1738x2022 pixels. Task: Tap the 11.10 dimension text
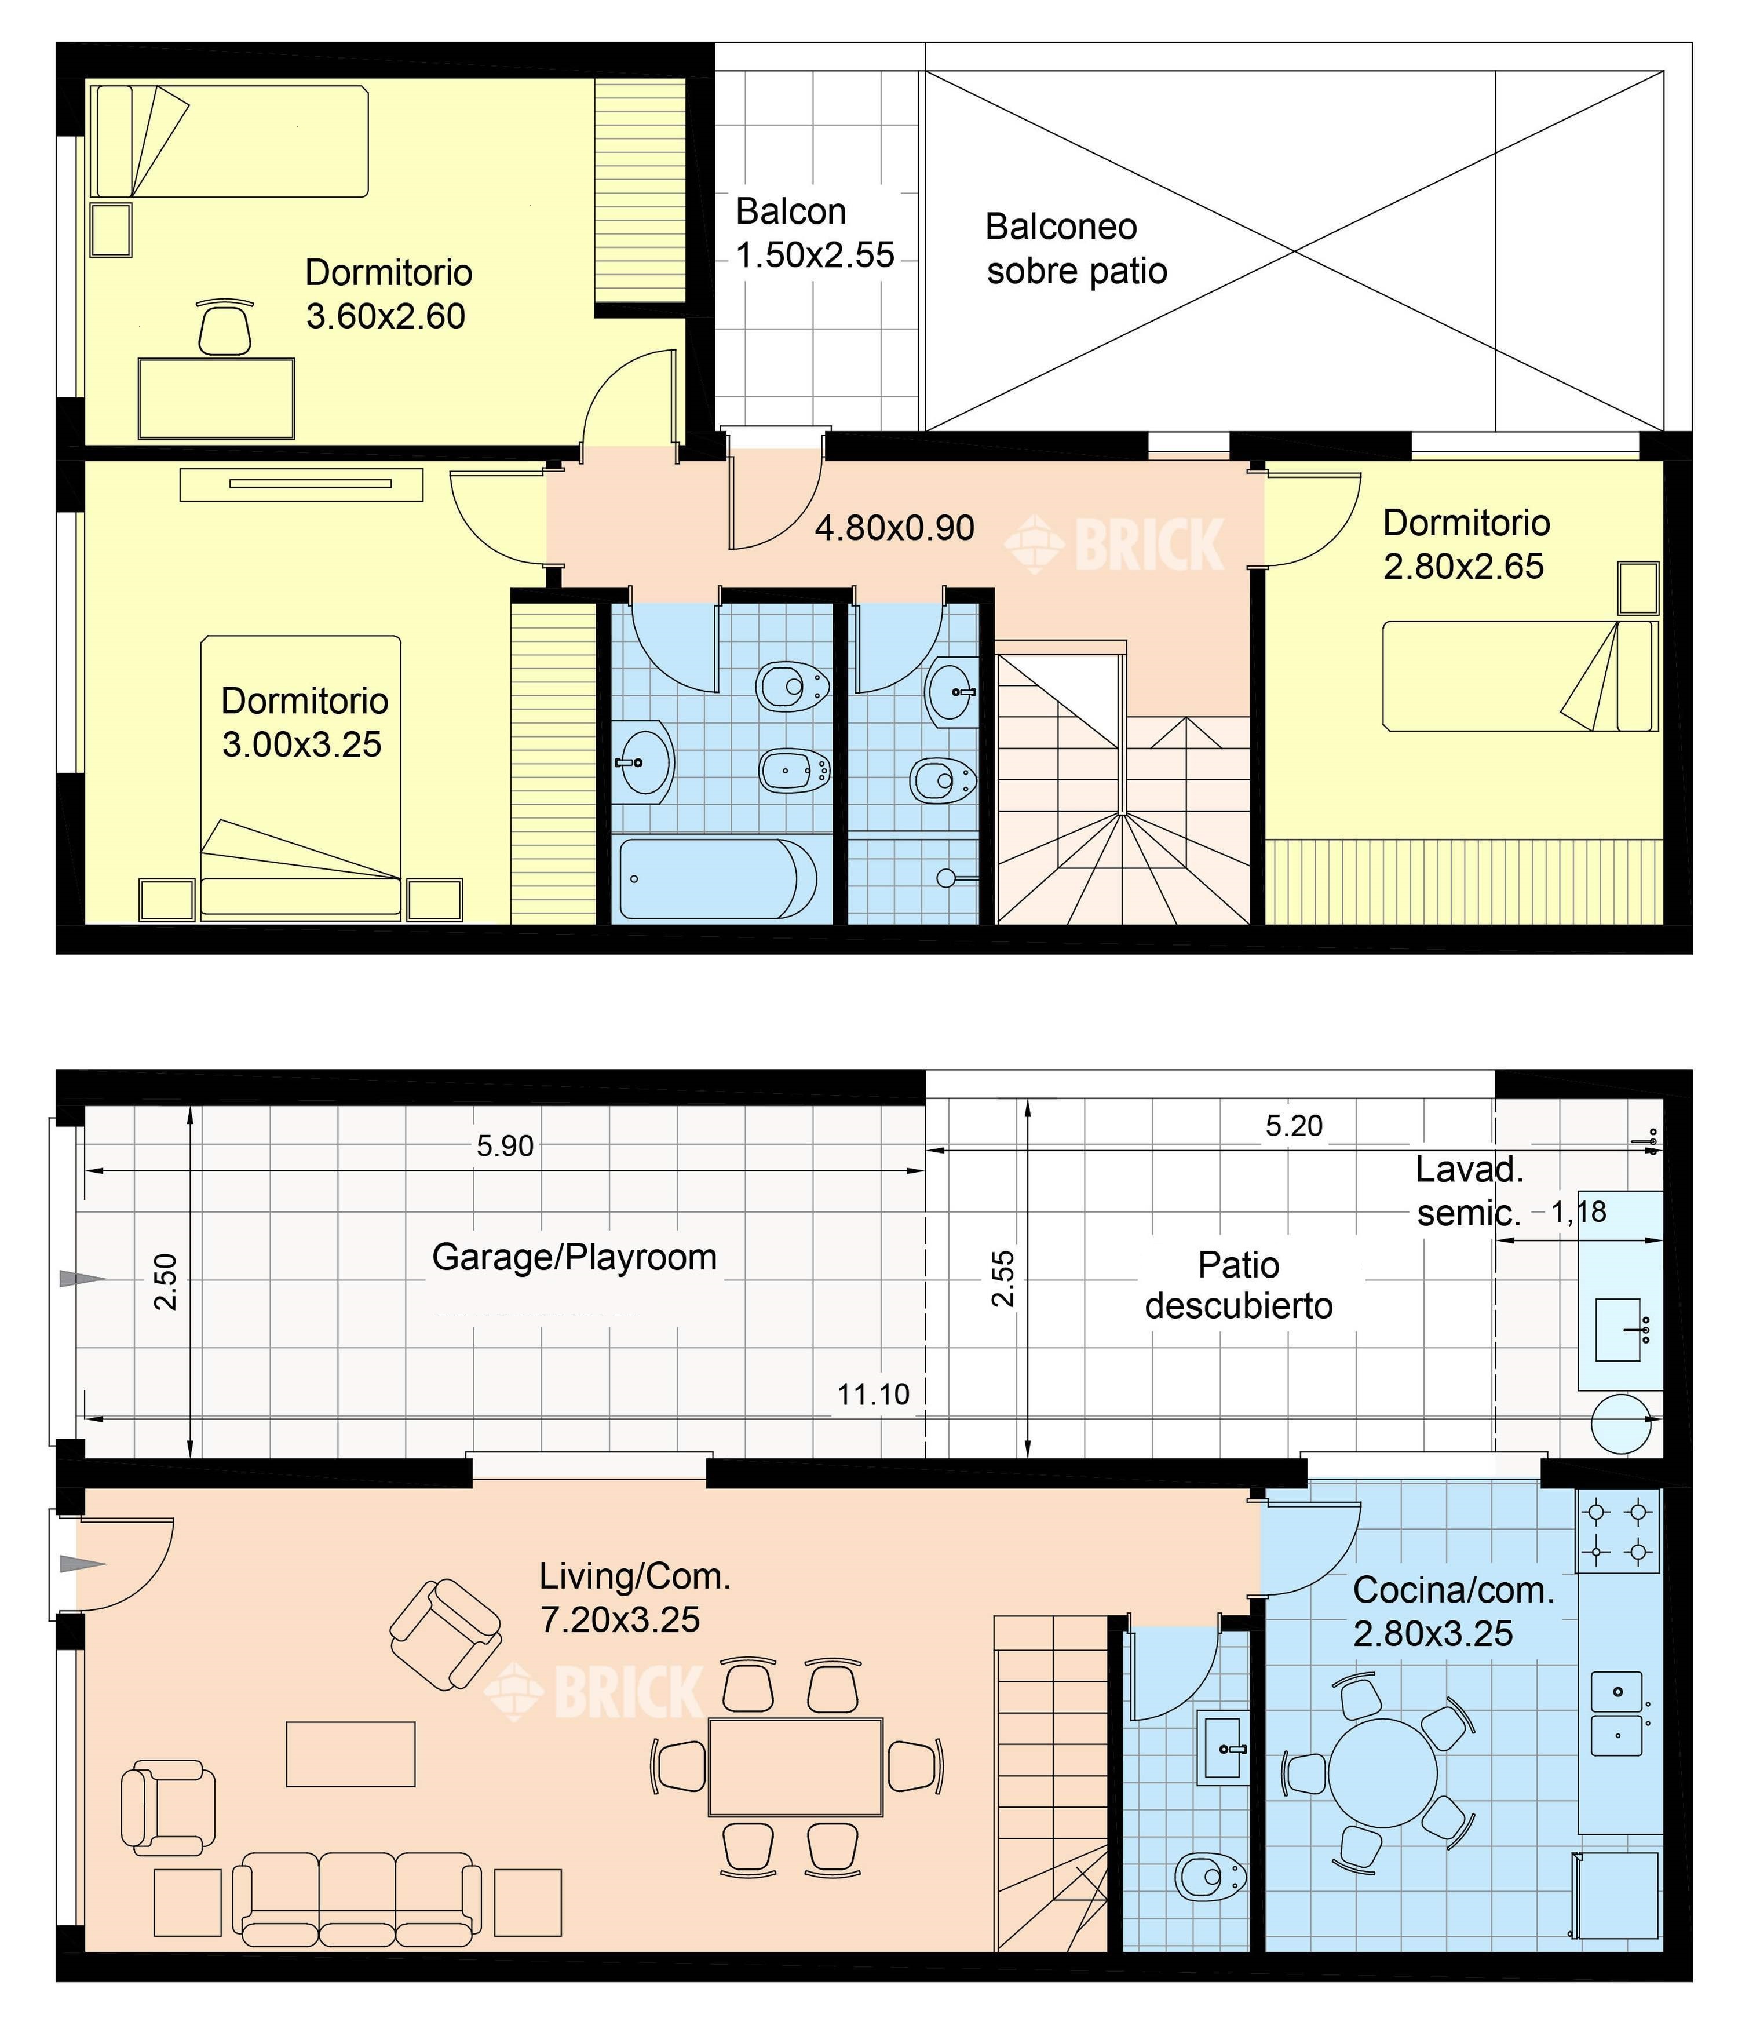click(x=874, y=1395)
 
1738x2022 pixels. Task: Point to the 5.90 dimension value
click(x=505, y=1145)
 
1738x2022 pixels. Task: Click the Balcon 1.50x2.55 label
click(x=815, y=233)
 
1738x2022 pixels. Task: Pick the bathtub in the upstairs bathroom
click(x=719, y=879)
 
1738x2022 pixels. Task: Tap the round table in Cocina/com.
click(x=1383, y=1772)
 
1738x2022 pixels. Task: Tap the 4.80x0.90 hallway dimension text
click(x=895, y=528)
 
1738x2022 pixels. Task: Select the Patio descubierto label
click(x=1239, y=1285)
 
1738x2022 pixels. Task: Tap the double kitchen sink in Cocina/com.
click(x=1617, y=1714)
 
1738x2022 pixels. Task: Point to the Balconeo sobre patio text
click(x=1076, y=249)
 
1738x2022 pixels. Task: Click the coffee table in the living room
click(x=350, y=1754)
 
